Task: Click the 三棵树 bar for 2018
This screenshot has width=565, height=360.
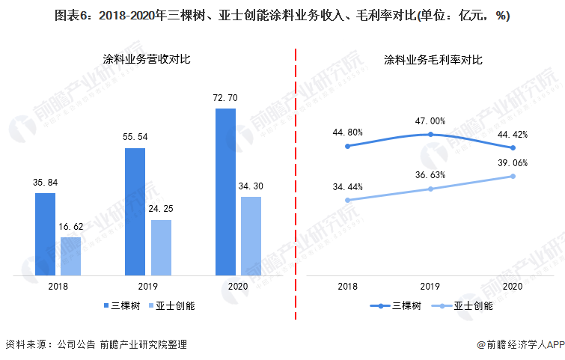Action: click(x=45, y=234)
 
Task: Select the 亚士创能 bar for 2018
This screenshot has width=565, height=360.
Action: click(x=70, y=256)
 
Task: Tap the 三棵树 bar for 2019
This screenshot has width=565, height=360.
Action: click(x=135, y=212)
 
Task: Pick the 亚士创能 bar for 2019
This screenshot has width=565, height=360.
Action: click(x=161, y=248)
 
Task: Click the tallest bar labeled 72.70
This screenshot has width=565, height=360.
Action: click(x=225, y=192)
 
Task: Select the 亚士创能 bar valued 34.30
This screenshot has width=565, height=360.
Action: click(x=251, y=236)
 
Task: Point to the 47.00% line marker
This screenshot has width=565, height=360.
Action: click(x=430, y=135)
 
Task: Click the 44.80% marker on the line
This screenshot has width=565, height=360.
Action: click(x=348, y=146)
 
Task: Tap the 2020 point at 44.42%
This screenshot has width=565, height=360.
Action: click(x=513, y=148)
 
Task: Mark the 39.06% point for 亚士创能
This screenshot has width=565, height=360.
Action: click(x=513, y=177)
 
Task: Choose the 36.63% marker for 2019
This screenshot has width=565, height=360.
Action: click(x=430, y=189)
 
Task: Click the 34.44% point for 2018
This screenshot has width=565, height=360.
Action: click(x=348, y=200)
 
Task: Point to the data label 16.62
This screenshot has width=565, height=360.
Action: click(x=71, y=226)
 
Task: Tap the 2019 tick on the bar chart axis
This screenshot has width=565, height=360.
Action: click(x=147, y=287)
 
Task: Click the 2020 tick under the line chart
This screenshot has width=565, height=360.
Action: click(x=513, y=287)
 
